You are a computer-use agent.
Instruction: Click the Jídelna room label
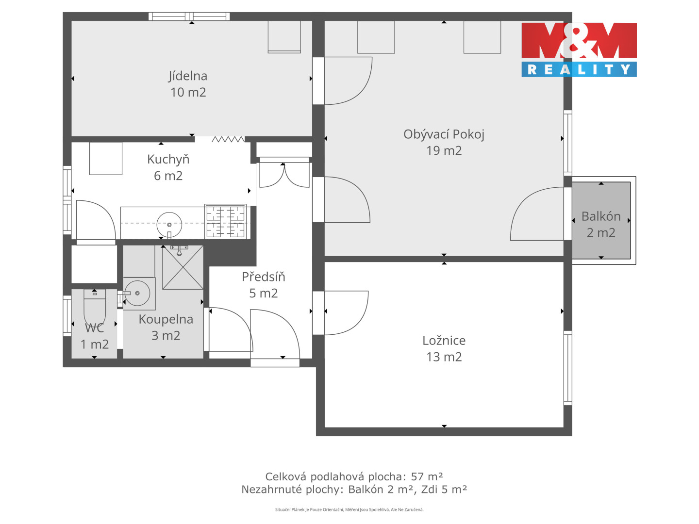pos(187,76)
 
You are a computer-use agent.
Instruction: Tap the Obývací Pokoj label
pos(444,134)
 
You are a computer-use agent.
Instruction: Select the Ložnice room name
pos(444,341)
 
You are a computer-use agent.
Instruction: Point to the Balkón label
pos(600,216)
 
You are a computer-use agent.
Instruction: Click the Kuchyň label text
pos(168,159)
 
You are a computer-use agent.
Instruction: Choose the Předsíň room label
pos(264,277)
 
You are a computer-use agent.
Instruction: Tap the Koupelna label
pos(166,319)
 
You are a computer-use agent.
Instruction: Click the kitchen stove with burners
pos(225,221)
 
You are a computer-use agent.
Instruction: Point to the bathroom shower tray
pos(183,267)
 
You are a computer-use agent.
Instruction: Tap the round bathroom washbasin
pos(137,293)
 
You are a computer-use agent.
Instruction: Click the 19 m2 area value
pos(444,150)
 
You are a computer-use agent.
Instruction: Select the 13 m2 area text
pos(444,357)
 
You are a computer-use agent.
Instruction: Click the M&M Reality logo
pos(579,49)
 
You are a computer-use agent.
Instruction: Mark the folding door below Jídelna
pos(228,139)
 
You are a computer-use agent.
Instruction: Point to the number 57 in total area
pos(417,476)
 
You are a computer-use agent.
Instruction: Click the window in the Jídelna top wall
pos(189,16)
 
